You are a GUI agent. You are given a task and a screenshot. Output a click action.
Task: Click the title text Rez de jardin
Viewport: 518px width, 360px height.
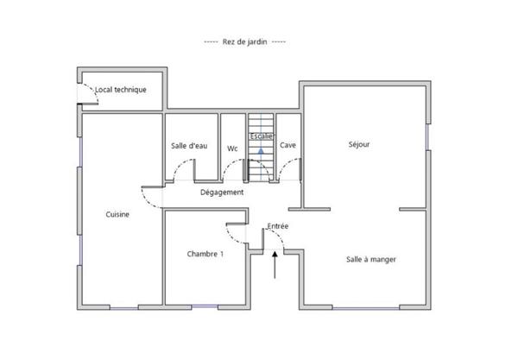click(x=244, y=42)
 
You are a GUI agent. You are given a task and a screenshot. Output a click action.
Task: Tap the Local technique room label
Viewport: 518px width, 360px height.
click(x=121, y=90)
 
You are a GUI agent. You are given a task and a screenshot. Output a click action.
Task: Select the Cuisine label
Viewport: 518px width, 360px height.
click(x=117, y=214)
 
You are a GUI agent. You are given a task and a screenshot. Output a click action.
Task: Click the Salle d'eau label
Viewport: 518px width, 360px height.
click(x=189, y=146)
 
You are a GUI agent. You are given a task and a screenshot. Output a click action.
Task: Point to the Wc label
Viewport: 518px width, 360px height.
click(x=232, y=148)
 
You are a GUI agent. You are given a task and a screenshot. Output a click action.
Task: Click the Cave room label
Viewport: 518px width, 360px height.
click(x=287, y=145)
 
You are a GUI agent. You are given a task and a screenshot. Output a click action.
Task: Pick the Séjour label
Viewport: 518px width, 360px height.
click(x=359, y=144)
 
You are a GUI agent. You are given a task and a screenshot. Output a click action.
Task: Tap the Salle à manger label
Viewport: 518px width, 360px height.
click(x=371, y=260)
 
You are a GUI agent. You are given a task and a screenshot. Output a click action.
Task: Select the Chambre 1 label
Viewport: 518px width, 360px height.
click(x=205, y=254)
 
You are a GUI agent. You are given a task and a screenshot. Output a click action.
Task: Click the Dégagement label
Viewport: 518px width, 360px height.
click(x=222, y=193)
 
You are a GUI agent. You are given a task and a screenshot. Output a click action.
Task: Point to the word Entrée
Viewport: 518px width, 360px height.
click(x=278, y=226)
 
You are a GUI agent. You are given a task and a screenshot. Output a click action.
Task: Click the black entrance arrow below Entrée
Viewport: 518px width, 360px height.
click(x=275, y=265)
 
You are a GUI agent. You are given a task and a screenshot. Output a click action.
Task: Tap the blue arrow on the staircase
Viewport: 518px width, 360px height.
click(x=261, y=151)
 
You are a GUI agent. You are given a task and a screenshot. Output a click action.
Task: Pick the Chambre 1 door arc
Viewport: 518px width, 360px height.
click(x=231, y=237)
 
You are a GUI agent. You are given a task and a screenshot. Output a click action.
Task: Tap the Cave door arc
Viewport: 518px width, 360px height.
click(x=284, y=166)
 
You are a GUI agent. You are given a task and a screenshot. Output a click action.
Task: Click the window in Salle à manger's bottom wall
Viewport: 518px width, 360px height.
click(x=366, y=308)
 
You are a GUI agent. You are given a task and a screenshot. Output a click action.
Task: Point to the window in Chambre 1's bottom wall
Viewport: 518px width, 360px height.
click(x=205, y=307)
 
